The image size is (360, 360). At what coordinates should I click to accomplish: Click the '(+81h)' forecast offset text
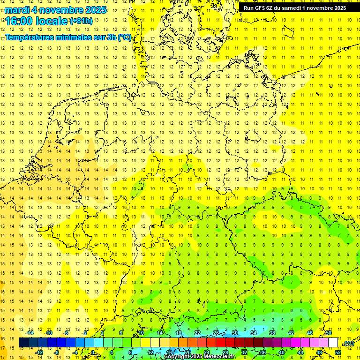[x=81, y=21]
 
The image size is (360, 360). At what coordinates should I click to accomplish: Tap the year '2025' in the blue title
[x=93, y=10]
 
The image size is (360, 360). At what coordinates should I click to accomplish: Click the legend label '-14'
[x=30, y=333]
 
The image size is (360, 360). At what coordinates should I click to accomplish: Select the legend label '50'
[x=329, y=333]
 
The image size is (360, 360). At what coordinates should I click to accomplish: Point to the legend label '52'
[x=337, y=352]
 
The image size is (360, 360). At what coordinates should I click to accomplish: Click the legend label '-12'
[x=39, y=352]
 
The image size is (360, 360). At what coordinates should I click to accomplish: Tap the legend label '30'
[x=235, y=333]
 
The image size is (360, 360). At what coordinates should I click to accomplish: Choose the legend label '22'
[x=197, y=333]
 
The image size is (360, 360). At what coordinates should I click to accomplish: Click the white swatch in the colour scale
[x=333, y=343]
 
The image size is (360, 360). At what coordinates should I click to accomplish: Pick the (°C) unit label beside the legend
[x=348, y=343]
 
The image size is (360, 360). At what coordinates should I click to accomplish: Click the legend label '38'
[x=272, y=333]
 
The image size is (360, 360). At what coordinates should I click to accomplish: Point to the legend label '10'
[x=141, y=333]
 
